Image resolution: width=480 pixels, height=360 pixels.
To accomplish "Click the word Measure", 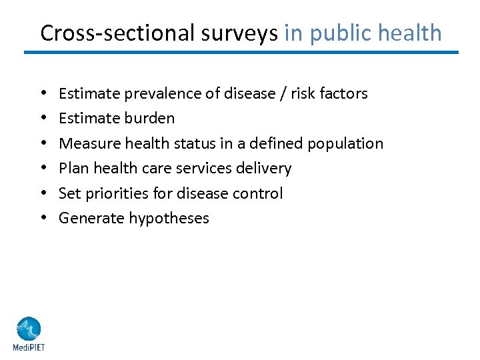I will [x=85, y=143].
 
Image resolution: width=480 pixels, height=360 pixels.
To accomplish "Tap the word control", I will [x=259, y=193].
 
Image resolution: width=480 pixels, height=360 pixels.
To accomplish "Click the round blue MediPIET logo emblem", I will [x=29, y=329].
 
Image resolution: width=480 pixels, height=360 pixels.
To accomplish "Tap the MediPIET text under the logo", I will [x=29, y=347].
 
